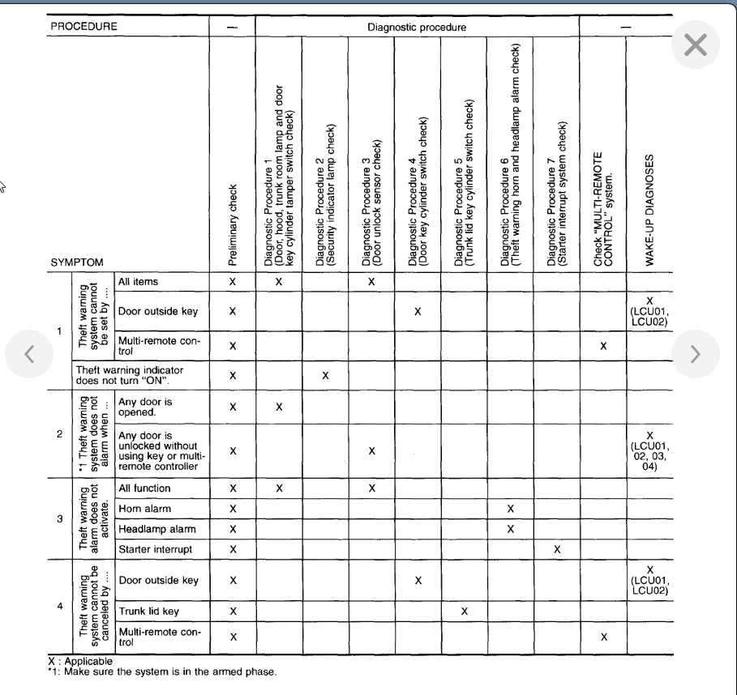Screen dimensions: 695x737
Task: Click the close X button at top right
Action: tap(696, 45)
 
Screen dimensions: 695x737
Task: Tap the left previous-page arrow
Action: tap(28, 352)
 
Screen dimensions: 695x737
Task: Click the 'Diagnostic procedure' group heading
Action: tap(417, 27)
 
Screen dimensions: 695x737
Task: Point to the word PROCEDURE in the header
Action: tap(84, 26)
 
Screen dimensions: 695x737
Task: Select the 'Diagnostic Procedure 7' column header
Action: tap(557, 194)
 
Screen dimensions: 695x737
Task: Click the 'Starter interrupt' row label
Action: tap(155, 549)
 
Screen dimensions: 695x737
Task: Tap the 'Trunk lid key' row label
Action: tap(148, 611)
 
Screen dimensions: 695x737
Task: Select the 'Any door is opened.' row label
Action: tap(146, 407)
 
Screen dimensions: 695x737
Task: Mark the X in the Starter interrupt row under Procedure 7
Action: tap(557, 549)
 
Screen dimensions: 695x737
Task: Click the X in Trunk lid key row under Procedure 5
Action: tap(464, 611)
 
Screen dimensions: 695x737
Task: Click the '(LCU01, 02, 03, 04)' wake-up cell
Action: tap(649, 451)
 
